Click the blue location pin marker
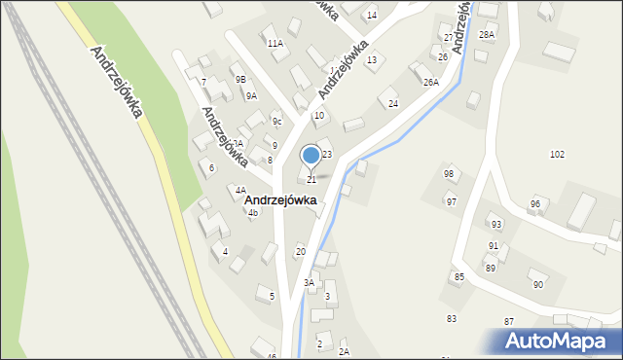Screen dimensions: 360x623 [x=311, y=156]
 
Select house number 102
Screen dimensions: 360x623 [x=557, y=155]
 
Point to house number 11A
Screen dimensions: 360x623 [x=275, y=44]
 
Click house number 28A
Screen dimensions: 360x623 [x=487, y=35]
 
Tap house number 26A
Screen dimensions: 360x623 [x=431, y=83]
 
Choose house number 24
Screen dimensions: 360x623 [x=393, y=103]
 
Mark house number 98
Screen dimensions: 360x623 [x=449, y=174]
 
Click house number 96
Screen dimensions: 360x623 [x=534, y=203]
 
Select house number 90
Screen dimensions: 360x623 [x=537, y=284]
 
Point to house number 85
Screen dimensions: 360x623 [x=458, y=277]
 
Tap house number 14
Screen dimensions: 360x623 [x=371, y=16]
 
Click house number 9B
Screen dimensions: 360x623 [x=239, y=79]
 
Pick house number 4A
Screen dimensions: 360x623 [x=239, y=190]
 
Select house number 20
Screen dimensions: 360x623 [x=300, y=252]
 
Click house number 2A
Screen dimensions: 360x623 [x=344, y=351]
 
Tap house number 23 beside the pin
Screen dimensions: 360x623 [x=327, y=155]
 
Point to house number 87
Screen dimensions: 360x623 [x=508, y=321]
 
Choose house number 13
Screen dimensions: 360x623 [x=371, y=60]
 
